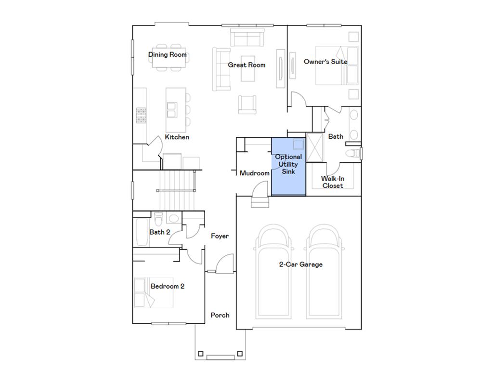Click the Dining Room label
(x=167, y=54)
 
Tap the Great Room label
(x=246, y=65)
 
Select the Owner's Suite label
(x=325, y=62)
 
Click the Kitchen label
(x=177, y=137)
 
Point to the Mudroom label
(x=255, y=173)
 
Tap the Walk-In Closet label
(x=333, y=182)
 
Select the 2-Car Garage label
(x=301, y=264)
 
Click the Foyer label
(x=220, y=236)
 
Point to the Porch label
(x=220, y=315)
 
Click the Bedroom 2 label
(x=168, y=286)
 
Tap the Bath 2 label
(x=159, y=232)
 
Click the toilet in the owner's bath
(x=353, y=153)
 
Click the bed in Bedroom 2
(x=153, y=293)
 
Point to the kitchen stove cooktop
(x=141, y=116)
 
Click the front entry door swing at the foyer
(x=224, y=264)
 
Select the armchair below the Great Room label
(x=247, y=104)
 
